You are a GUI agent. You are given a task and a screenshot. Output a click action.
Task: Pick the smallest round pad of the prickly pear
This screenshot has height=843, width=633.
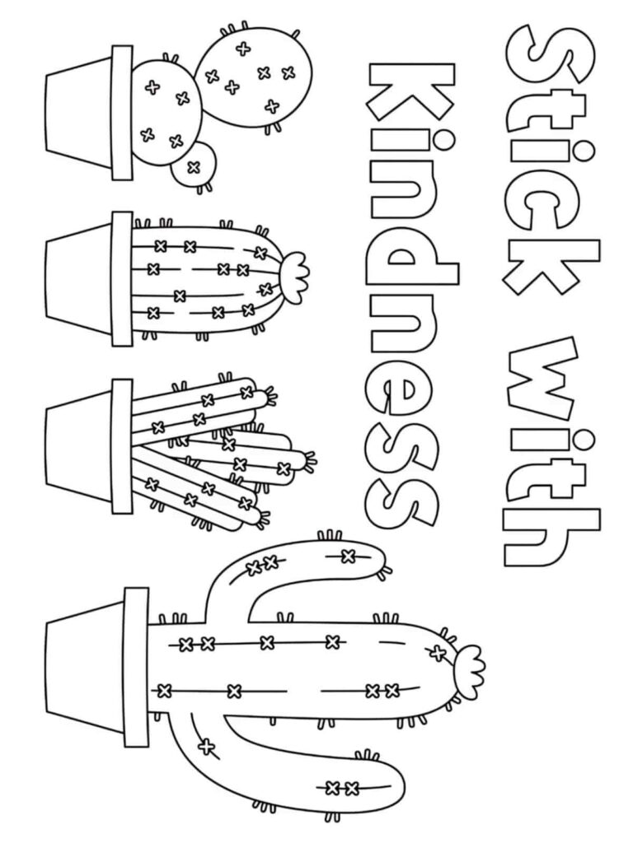click(x=195, y=164)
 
